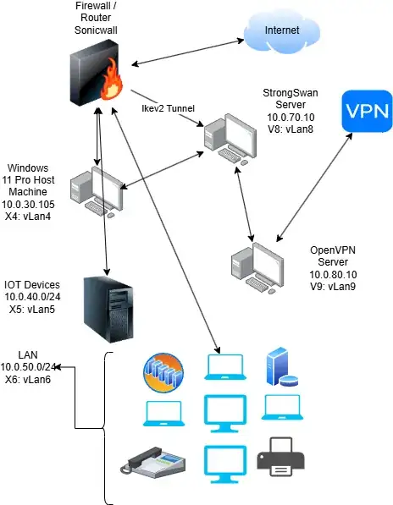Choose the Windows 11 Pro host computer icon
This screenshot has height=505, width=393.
point(97,192)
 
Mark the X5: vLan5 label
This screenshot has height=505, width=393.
point(31,310)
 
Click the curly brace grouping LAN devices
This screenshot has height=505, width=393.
point(108,427)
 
